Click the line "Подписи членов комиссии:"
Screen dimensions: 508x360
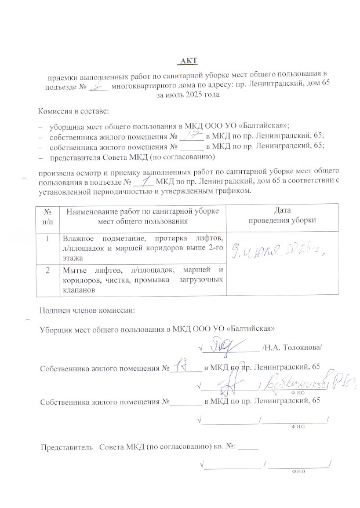click(x=86, y=310)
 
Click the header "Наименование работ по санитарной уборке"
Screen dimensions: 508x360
click(x=142, y=211)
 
